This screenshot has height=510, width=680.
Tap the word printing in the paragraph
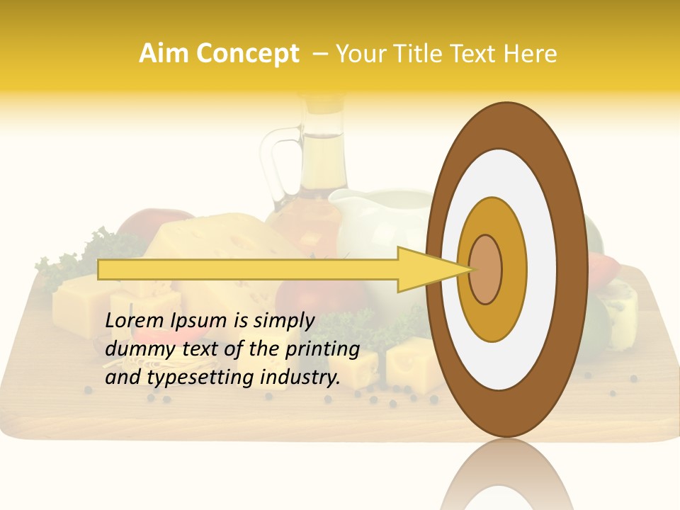coord(324,349)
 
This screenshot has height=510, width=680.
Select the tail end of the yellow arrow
coord(103,270)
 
